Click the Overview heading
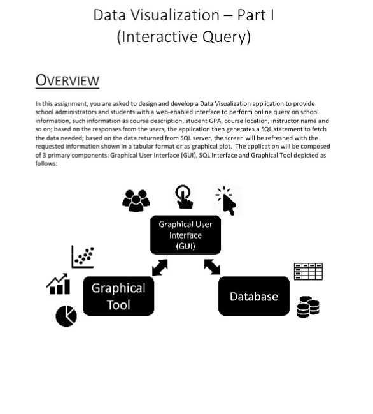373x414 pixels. [x=67, y=80]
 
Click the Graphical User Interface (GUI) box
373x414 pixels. [x=185, y=235]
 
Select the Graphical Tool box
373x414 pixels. [x=118, y=296]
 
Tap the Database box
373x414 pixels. [x=253, y=296]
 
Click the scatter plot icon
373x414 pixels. [x=83, y=257]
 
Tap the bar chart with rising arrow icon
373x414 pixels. [x=59, y=284]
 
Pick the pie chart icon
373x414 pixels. [x=66, y=316]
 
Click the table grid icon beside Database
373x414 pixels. [x=307, y=272]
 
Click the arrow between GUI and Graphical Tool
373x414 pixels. [x=160, y=268]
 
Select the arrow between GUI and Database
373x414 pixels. [x=212, y=267]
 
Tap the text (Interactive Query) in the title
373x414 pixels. [x=183, y=37]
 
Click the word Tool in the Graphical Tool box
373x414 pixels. [x=118, y=305]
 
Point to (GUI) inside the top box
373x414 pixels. [x=185, y=246]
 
